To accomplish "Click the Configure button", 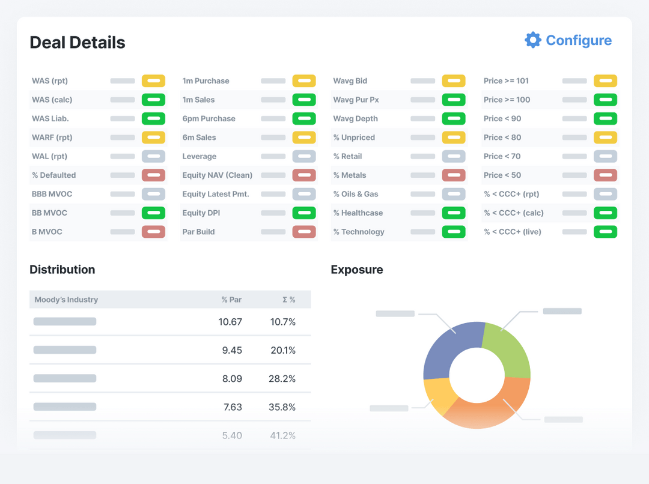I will pos(578,40).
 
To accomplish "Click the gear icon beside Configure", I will pos(532,40).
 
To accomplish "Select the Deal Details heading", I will pos(78,43).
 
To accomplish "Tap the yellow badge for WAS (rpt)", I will pos(153,81).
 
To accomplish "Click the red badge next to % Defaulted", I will pos(153,175).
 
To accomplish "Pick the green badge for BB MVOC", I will pos(153,213).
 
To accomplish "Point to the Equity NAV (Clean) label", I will pos(217,175).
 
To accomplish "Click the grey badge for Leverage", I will pos(304,157).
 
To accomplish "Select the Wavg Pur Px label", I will pos(356,100).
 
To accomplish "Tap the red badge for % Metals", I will pos(453,175).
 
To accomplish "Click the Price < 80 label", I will pos(502,138).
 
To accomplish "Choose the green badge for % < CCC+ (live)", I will pos(605,232).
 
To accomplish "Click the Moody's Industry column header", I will pos(66,300).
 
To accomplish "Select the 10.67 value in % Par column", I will pos(230,322).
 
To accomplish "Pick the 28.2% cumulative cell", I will pos(282,379).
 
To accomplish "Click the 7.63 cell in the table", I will pos(232,407).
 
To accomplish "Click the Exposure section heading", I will pos(356,270).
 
